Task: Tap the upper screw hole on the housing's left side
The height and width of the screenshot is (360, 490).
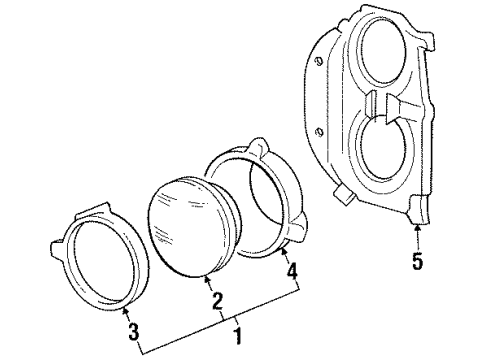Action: click(x=319, y=63)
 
